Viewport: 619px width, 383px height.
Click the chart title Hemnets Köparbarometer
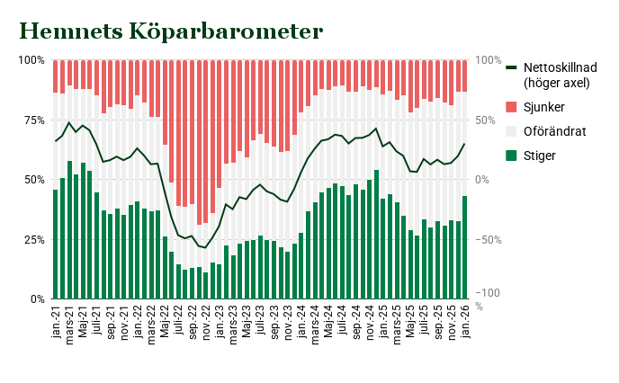click(171, 31)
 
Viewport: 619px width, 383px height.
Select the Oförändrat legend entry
click(554, 131)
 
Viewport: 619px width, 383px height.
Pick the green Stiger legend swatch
click(512, 156)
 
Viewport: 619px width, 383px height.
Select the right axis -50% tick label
click(489, 239)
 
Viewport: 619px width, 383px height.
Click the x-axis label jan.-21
click(56, 319)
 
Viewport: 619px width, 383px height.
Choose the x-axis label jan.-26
click(465, 319)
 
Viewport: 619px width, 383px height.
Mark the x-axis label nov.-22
click(206, 320)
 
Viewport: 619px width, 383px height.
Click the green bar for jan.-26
click(465, 247)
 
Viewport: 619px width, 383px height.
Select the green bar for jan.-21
click(56, 244)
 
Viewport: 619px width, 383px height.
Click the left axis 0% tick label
click(36, 298)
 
